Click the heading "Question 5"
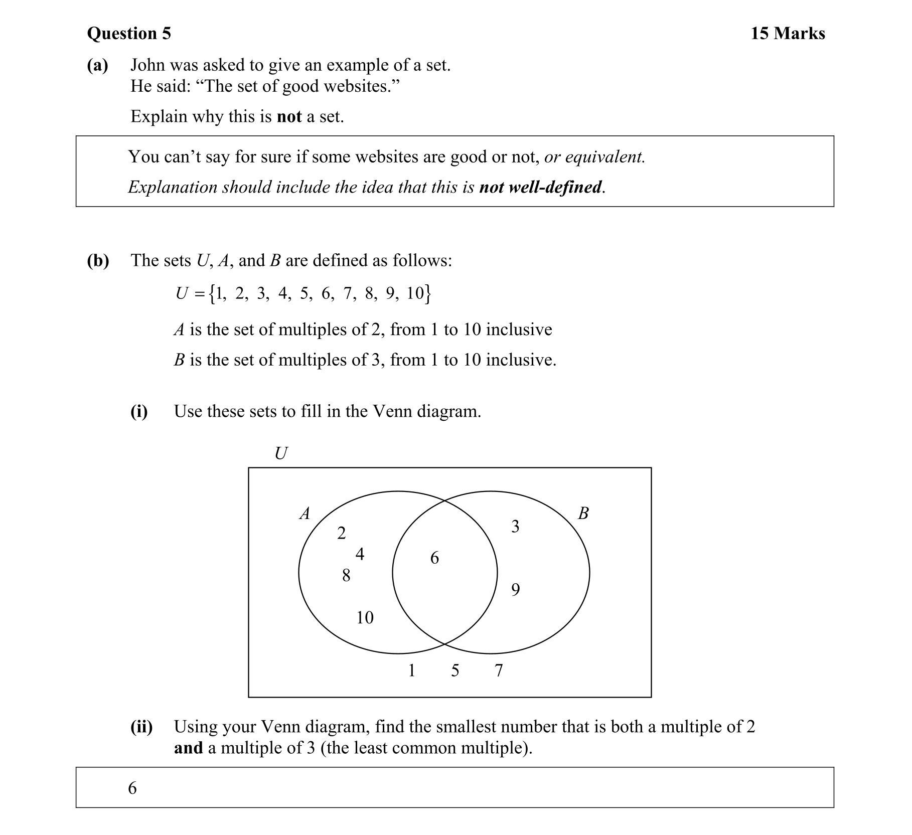coord(129,34)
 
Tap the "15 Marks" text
coord(788,34)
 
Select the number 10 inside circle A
coord(365,617)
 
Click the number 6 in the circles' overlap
coord(434,558)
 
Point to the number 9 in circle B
coord(515,590)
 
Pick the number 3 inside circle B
coord(515,527)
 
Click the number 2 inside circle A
coord(341,533)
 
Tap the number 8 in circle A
coord(346,575)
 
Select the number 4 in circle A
coord(360,554)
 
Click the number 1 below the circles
coord(412,671)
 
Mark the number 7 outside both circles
coord(499,671)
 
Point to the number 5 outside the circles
coord(455,671)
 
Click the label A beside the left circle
coord(305,514)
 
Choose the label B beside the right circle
coord(583,514)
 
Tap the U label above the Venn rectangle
coord(281,454)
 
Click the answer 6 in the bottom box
coord(132,788)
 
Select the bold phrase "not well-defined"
coord(540,187)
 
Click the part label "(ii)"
coord(141,727)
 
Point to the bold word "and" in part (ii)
coord(188,748)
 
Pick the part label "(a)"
coord(97,65)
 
